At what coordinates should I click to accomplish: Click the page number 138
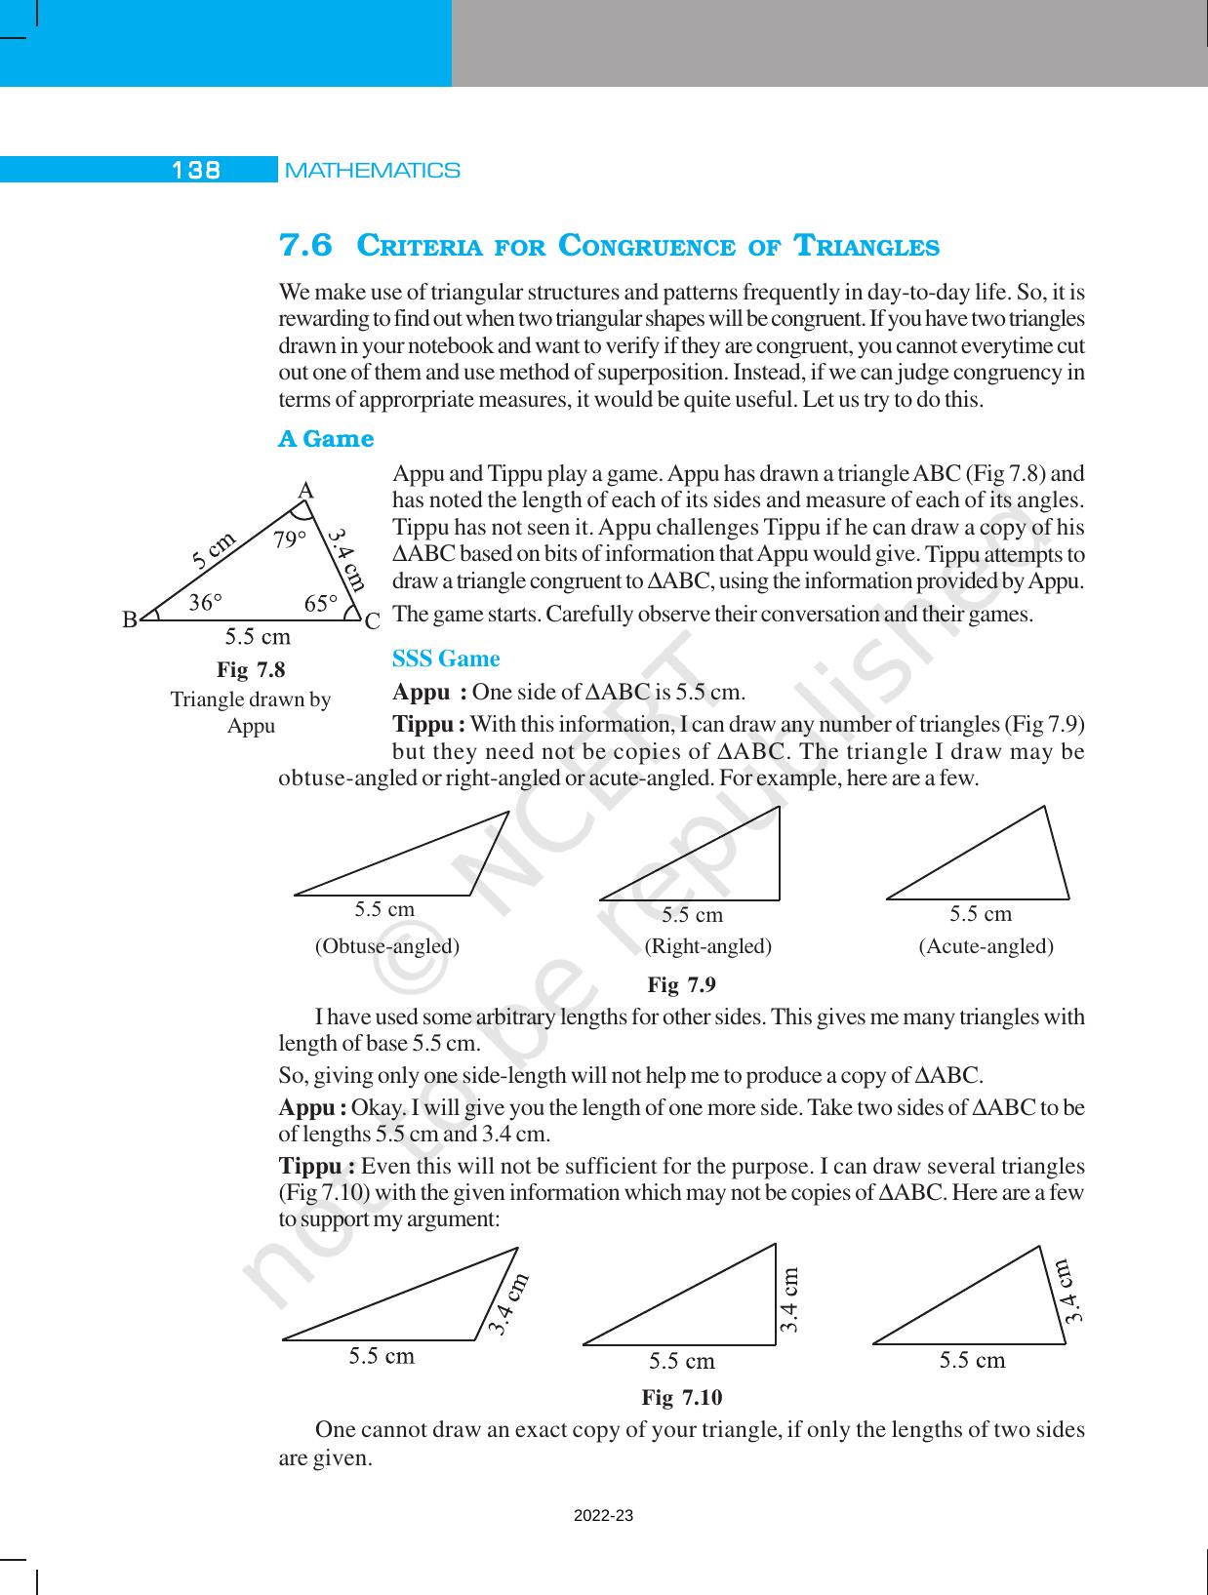(196, 170)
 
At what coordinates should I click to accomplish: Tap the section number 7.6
(305, 246)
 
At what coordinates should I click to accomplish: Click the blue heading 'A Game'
(326, 439)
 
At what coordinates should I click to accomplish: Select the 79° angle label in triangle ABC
(289, 539)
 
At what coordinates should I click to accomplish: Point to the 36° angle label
(205, 604)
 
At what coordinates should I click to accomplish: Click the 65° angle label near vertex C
(320, 604)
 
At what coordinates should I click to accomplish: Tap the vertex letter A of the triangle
(305, 491)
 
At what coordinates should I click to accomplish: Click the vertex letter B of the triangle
(130, 619)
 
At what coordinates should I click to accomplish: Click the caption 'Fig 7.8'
(251, 670)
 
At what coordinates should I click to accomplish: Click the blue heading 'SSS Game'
(446, 659)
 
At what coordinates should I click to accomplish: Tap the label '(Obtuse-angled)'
(386, 946)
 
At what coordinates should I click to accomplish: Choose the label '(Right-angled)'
(707, 946)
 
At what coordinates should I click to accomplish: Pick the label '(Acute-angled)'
(986, 946)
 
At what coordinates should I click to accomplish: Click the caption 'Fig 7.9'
(681, 985)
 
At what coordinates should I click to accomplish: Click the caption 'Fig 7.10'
(681, 1398)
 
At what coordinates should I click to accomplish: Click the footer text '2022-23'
(603, 1515)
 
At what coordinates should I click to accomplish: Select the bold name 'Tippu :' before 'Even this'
(316, 1168)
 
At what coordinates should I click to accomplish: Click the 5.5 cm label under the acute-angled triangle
(980, 914)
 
